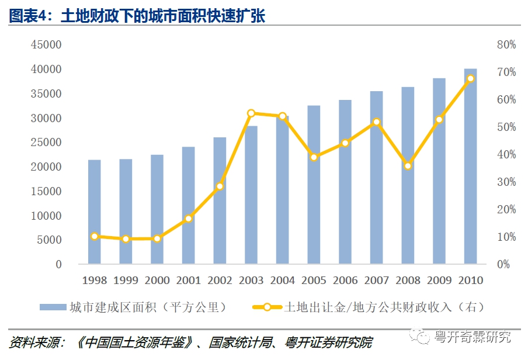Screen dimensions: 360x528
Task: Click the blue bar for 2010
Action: [x=470, y=167]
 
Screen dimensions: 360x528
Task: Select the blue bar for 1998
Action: [x=94, y=212]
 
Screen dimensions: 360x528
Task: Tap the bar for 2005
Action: [x=314, y=185]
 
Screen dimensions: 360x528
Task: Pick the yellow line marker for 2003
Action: [x=251, y=113]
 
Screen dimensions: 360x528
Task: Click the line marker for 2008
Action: [x=408, y=166]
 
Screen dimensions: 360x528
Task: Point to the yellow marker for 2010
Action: [x=470, y=78]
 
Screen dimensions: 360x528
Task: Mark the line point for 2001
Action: [x=188, y=219]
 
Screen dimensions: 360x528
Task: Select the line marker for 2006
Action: [x=345, y=143]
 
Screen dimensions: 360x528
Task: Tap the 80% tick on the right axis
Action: [x=506, y=45]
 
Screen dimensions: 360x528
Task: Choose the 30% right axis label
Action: [x=506, y=182]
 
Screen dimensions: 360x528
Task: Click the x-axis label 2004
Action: [x=283, y=281]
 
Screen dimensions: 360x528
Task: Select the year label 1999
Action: [x=126, y=281]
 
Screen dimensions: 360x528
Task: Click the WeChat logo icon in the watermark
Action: [x=420, y=337]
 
